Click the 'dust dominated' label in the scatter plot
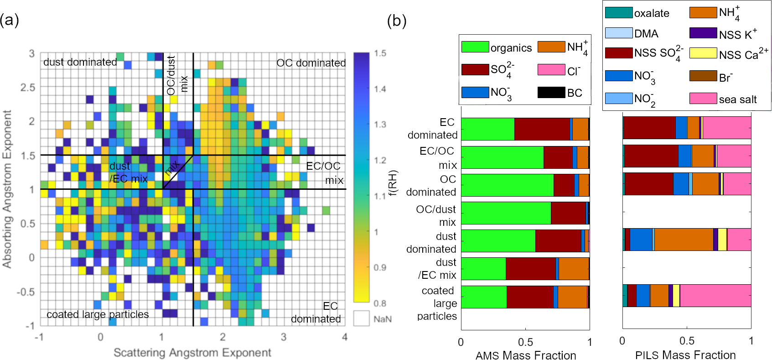[80, 62]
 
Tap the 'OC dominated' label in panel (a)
[311, 63]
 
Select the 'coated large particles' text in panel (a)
[98, 314]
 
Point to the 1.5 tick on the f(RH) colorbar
[380, 53]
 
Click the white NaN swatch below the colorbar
[361, 318]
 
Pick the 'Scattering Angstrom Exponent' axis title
[192, 352]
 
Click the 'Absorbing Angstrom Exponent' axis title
[7, 189]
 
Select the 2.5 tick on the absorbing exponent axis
[27, 87]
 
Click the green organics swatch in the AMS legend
[475, 47]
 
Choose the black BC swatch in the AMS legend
[551, 93]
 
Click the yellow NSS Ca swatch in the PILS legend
[703, 53]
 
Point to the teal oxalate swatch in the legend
[619, 12]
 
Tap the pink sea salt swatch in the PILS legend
[703, 98]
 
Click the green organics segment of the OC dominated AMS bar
[508, 185]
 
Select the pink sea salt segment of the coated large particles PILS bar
[715, 296]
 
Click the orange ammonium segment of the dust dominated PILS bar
[684, 239]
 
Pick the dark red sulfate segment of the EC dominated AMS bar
[542, 129]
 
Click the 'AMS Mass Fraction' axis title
[526, 355]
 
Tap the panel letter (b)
[397, 21]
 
